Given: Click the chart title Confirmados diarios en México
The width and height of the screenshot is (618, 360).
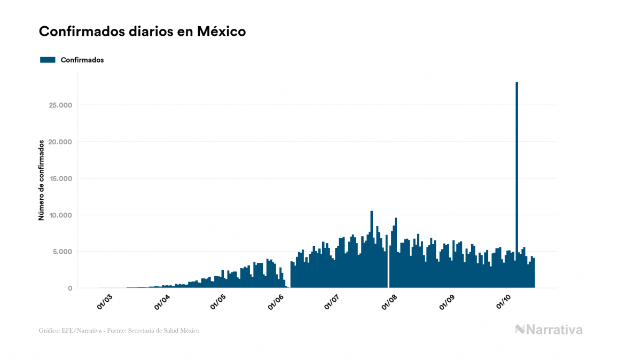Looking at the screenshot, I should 142,32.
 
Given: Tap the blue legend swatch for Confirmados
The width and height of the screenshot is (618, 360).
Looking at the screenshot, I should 48,60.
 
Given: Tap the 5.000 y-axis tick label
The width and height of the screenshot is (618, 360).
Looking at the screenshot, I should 61,252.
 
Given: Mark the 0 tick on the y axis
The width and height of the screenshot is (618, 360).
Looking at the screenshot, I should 69,288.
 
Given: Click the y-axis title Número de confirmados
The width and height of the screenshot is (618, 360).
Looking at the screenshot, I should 41,181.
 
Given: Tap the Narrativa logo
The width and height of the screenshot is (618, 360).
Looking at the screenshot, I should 549,330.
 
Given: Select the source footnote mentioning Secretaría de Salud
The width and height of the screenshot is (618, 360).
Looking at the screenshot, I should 119,331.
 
